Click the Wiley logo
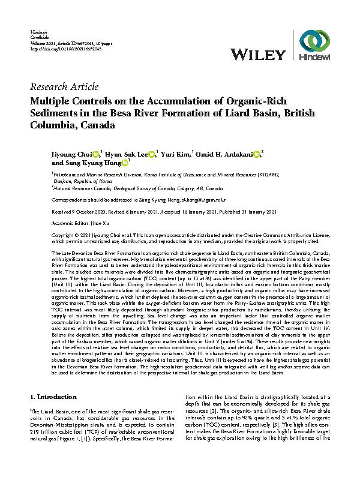[259, 53]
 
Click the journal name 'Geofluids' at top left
[39, 37]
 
